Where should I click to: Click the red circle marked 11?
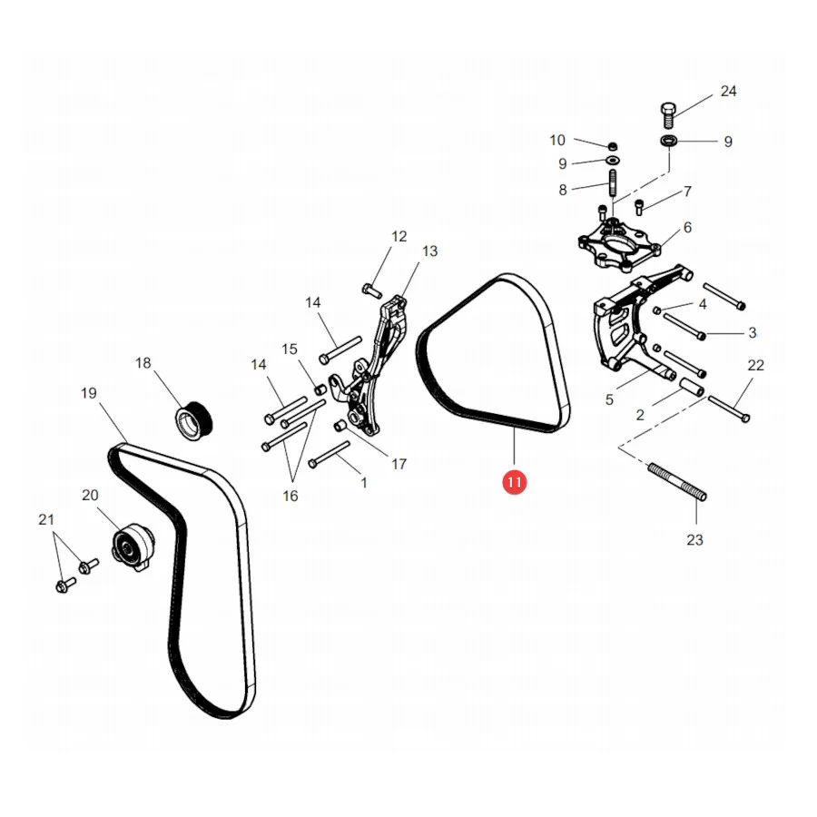point(515,483)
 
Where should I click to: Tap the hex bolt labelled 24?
point(668,115)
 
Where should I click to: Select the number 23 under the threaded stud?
point(694,540)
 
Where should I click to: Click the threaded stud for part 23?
point(677,482)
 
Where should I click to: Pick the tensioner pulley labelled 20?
point(133,547)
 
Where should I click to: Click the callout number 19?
point(89,393)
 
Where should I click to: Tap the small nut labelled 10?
point(613,145)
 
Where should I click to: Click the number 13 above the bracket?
point(429,251)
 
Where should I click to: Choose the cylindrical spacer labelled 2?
point(691,387)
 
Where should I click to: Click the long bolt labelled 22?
point(728,408)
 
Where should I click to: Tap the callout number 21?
point(46,519)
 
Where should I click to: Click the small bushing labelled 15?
point(320,389)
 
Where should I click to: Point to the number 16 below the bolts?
point(290,496)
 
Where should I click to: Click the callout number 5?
point(609,399)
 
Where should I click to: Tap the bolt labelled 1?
point(330,455)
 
